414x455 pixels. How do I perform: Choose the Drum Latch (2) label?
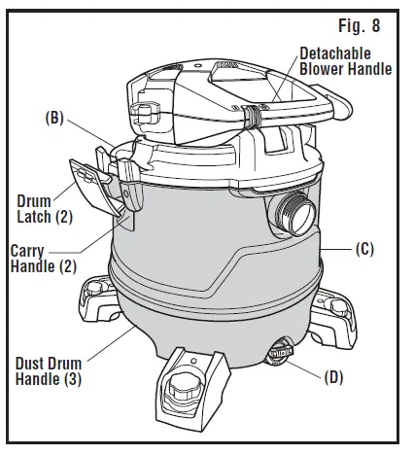[x=38, y=208]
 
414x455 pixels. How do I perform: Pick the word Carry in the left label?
[x=26, y=250]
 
